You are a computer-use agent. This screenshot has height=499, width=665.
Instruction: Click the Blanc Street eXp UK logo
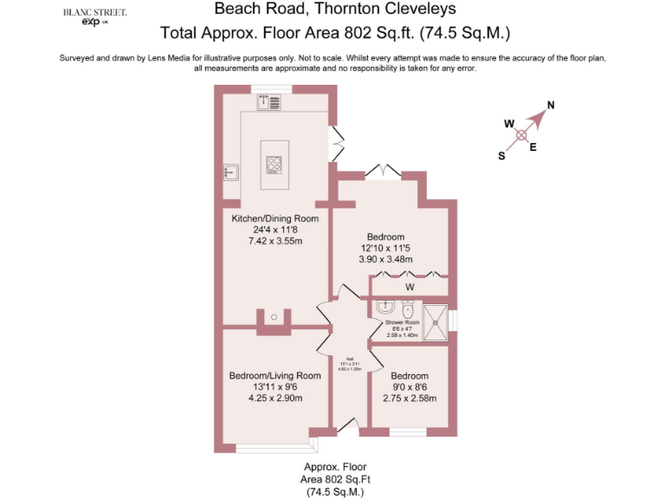point(94,18)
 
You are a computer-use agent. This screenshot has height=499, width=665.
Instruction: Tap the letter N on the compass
point(551,107)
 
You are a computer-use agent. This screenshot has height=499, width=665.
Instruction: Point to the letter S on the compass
point(500,156)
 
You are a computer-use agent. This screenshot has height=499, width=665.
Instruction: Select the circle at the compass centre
point(521,135)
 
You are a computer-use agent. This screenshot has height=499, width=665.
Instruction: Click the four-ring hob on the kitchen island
point(274,165)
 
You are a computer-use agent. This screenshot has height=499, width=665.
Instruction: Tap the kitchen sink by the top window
point(268,103)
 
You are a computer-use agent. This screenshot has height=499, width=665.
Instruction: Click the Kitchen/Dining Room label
point(274,218)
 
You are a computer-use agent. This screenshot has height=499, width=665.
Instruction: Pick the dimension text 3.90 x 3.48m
point(385,259)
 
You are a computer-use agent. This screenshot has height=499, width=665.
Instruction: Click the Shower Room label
point(402,323)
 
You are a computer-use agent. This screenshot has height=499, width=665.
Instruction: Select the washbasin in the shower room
point(386,307)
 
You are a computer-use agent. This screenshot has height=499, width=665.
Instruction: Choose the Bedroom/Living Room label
point(274,376)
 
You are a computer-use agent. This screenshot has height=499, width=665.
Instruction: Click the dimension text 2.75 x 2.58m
point(410,399)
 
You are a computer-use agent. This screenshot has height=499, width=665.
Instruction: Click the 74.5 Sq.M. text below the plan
point(334,491)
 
